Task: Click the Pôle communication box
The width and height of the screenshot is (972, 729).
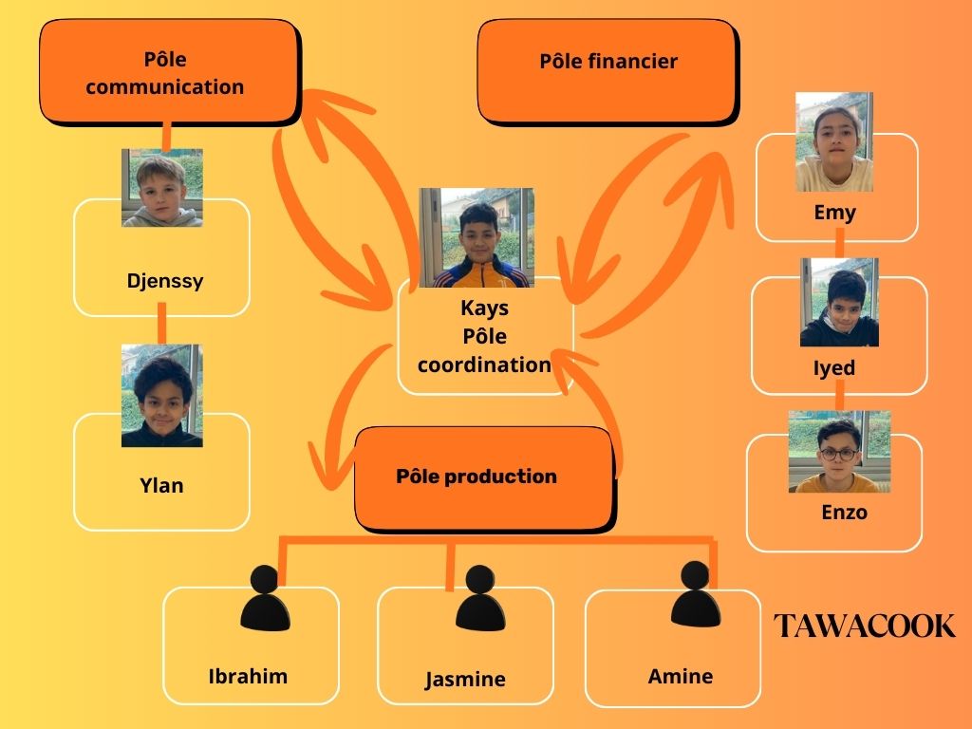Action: coord(168,72)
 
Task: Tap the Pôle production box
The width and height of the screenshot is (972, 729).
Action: coord(483,477)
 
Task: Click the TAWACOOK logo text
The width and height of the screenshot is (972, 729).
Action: coord(864,626)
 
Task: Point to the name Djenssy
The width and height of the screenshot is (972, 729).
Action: coord(164,281)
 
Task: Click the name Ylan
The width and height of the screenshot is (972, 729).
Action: coord(161,486)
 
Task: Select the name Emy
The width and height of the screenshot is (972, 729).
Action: coord(835,212)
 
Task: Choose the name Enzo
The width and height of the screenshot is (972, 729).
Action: coord(844,513)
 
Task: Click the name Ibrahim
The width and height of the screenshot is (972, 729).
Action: coord(248,677)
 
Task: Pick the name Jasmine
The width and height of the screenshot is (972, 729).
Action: coord(465,679)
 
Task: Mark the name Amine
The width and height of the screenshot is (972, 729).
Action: coord(681,677)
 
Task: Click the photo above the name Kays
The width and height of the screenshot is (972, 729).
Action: coord(477,237)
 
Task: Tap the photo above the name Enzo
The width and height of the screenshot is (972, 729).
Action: coord(839,452)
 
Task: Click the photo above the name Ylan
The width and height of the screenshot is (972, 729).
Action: coord(162,395)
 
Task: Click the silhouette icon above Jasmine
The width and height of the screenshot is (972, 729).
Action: coord(479,600)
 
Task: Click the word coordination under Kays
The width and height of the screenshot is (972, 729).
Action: coord(484,364)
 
